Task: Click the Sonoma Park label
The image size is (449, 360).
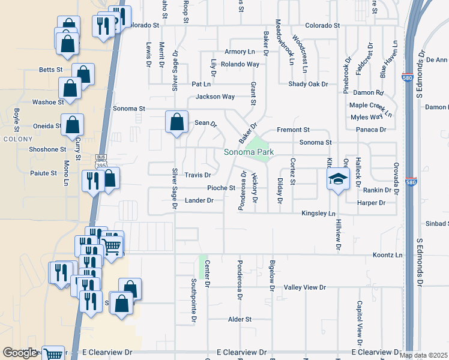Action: tap(249, 152)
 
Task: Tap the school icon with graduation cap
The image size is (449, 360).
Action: tap(338, 179)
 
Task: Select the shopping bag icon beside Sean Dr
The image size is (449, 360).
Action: tap(177, 122)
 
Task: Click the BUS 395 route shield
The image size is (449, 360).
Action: tap(100, 160)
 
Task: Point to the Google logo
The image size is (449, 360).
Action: tap(20, 353)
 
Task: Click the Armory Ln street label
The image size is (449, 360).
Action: tap(240, 52)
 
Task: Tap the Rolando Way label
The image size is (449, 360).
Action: tap(240, 64)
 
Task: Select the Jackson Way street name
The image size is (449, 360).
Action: tap(215, 97)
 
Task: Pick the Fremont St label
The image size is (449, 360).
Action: tap(293, 130)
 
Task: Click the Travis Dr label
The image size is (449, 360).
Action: tap(197, 175)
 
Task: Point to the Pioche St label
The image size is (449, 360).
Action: tap(221, 188)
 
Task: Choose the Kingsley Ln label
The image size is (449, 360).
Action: tap(318, 213)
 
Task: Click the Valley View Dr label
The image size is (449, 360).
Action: tap(305, 288)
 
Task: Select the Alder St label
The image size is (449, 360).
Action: tap(240, 320)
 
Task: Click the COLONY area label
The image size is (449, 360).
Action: tap(13, 139)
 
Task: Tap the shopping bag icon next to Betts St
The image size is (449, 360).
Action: tap(83, 74)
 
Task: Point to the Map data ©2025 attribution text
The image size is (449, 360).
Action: tap(424, 355)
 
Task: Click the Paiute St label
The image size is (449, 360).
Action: tap(44, 173)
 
